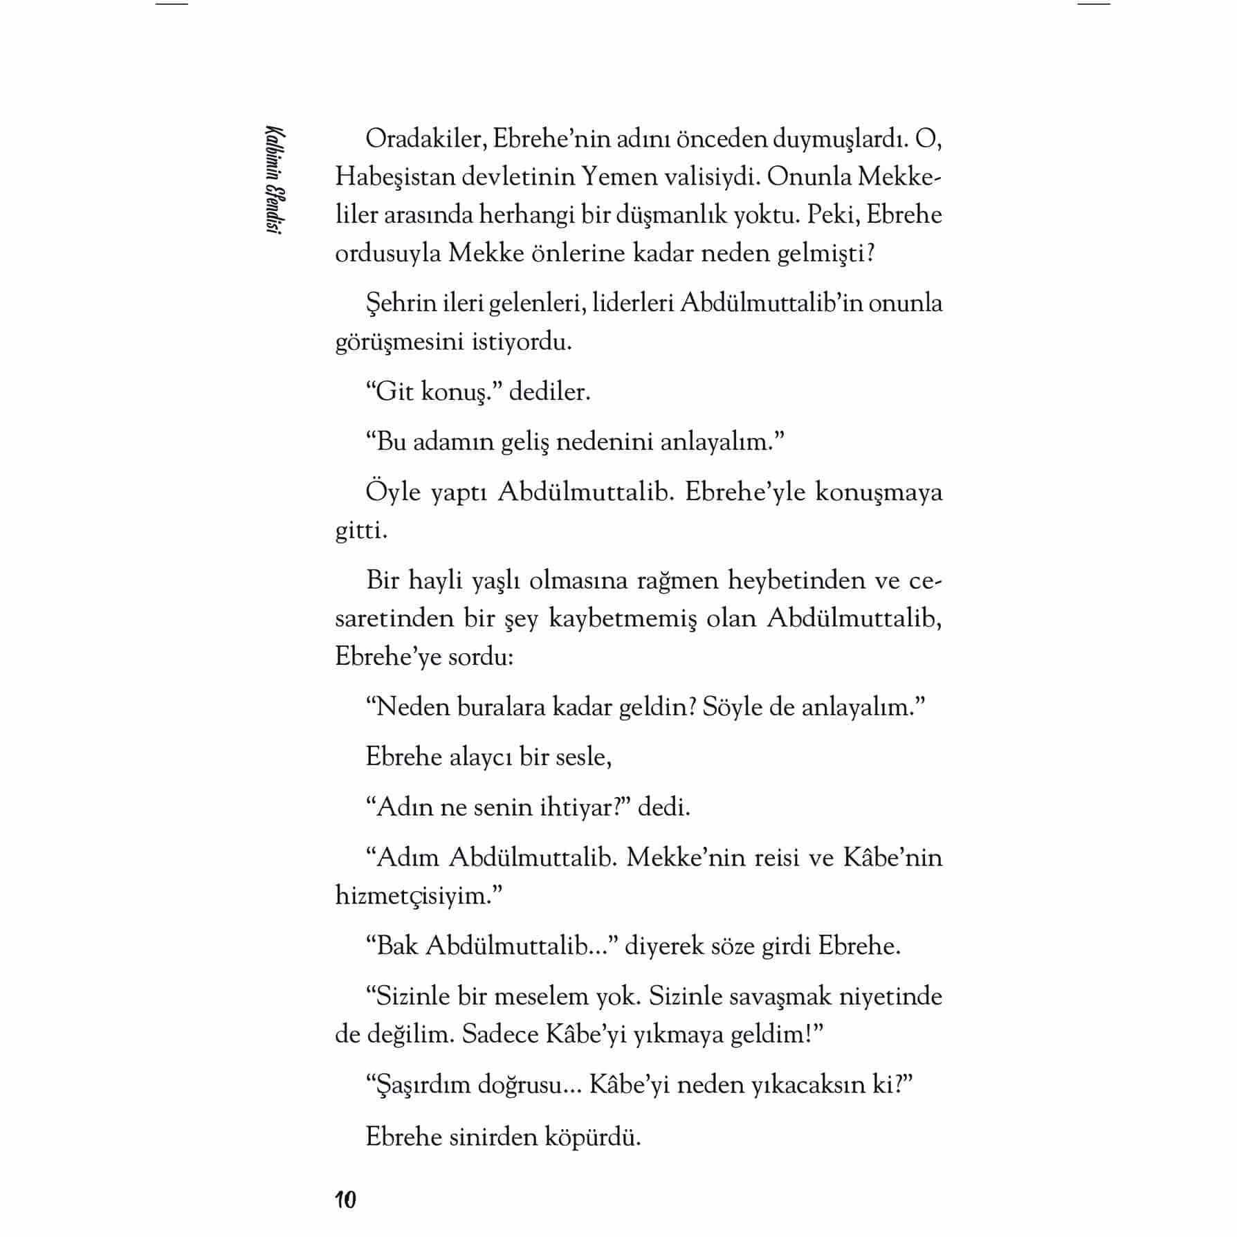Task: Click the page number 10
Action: point(345,1199)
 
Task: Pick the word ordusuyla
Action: point(387,253)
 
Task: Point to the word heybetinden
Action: point(793,580)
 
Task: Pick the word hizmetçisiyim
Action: point(416,895)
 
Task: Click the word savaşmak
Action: point(777,996)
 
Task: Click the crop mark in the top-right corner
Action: point(1094,4)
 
